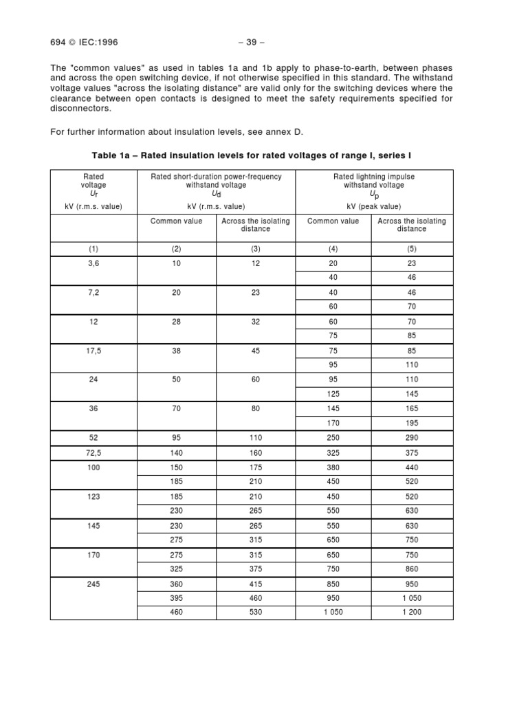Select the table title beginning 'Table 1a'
(x=252, y=155)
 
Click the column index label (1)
(x=93, y=249)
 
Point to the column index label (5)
(x=411, y=249)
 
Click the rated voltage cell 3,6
(x=93, y=263)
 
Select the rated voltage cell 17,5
(x=93, y=350)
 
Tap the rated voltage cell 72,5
(x=93, y=452)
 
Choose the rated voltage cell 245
(x=93, y=583)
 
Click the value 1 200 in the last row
(x=411, y=612)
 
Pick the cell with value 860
(x=411, y=568)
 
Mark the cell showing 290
(x=411, y=437)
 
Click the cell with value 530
(x=256, y=612)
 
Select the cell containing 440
(x=411, y=466)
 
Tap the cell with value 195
(x=411, y=423)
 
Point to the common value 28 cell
(x=176, y=321)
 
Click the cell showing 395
(x=176, y=597)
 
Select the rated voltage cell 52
(x=93, y=437)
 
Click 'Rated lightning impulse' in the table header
(x=373, y=177)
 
